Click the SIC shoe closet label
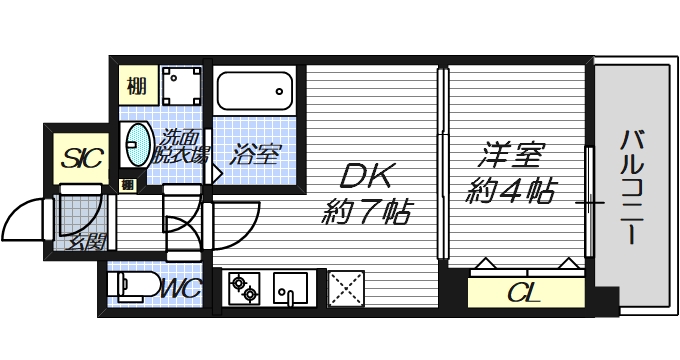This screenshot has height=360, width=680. (81, 158)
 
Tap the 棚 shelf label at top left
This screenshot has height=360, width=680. (136, 85)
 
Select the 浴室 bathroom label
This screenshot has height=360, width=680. (256, 155)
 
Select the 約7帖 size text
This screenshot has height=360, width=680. (366, 211)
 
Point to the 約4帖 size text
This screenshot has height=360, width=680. (512, 190)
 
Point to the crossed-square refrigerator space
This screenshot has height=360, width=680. (346, 290)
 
